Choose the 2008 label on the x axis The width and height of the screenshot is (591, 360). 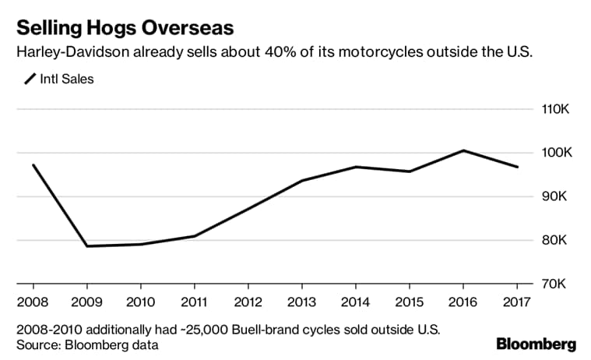point(32,300)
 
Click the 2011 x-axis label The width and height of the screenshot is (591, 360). point(194,300)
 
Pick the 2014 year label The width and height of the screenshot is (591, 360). point(356,300)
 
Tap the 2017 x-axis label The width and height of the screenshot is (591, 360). point(518,300)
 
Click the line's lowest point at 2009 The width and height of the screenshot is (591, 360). point(86,246)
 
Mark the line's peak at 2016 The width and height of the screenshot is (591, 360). point(464,150)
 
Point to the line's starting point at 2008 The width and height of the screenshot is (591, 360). point(33,164)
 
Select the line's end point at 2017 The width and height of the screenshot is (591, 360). point(518,167)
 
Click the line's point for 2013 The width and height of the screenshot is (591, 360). point(302,181)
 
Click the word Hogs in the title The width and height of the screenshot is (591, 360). point(102,29)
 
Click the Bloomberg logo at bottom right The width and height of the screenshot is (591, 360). point(536,344)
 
